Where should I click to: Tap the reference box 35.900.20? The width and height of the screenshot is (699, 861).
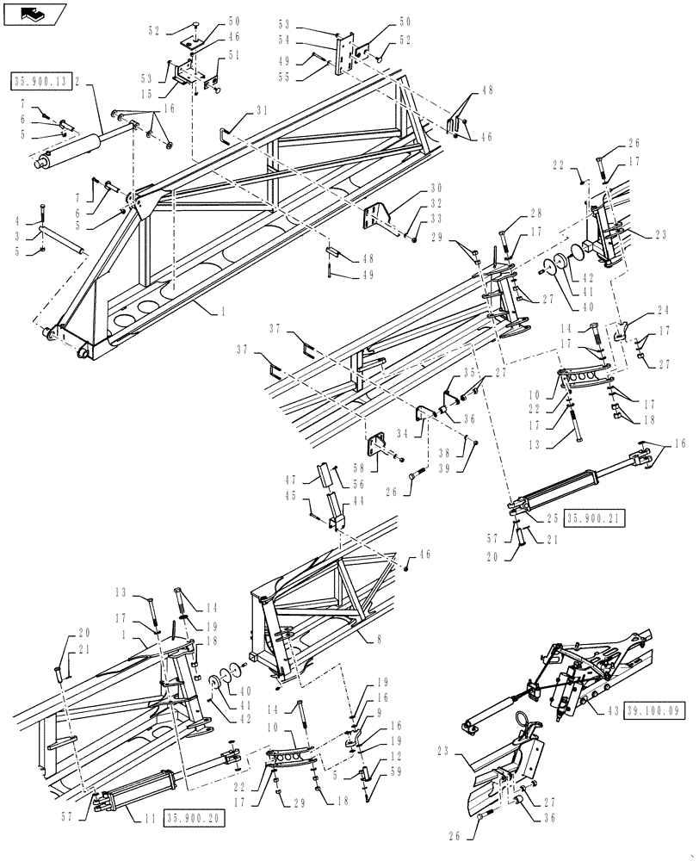tap(193, 817)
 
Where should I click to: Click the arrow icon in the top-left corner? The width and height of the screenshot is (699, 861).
tap(32, 12)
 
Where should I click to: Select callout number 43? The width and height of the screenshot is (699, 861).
tap(612, 710)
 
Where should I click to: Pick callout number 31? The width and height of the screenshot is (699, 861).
tap(263, 110)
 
